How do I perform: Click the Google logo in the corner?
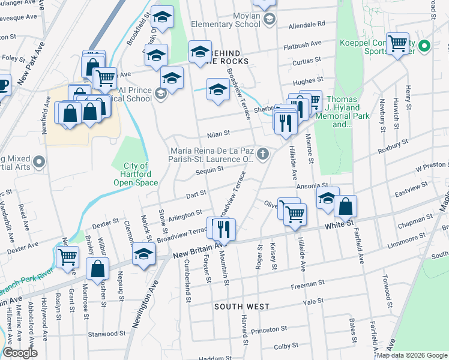[20, 353]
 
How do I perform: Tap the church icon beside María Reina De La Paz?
[262, 155]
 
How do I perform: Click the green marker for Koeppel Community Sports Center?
[424, 46]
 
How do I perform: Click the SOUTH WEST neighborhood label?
[242, 307]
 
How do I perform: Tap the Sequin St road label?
[209, 170]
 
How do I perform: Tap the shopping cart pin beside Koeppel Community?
[398, 43]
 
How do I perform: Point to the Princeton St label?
[269, 330]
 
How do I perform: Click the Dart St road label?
[196, 194]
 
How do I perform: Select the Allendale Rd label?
[306, 25]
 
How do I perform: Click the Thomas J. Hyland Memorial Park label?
[342, 112]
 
